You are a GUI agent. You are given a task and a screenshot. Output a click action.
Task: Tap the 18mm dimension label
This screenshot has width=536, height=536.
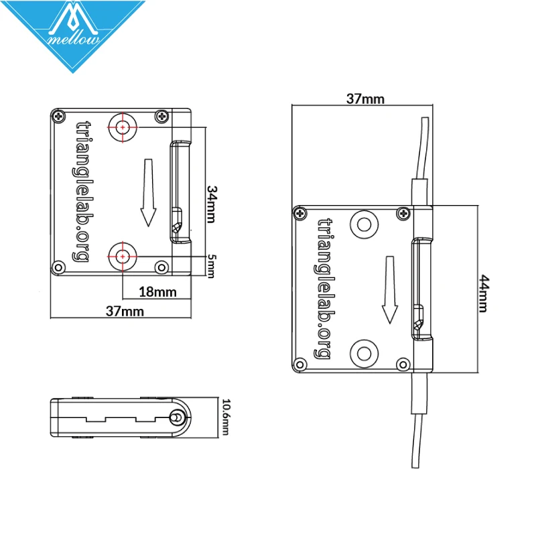pos(158,291)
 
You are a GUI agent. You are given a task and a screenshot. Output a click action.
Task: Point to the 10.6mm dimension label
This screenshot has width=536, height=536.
pos(226,417)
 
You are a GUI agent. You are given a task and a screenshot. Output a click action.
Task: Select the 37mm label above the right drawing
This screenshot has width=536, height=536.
pos(365,99)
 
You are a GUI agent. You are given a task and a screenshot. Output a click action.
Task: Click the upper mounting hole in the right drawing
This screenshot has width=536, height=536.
pos(364,223)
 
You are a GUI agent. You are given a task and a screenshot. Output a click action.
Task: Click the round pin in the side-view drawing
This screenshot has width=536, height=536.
pos(177,417)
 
